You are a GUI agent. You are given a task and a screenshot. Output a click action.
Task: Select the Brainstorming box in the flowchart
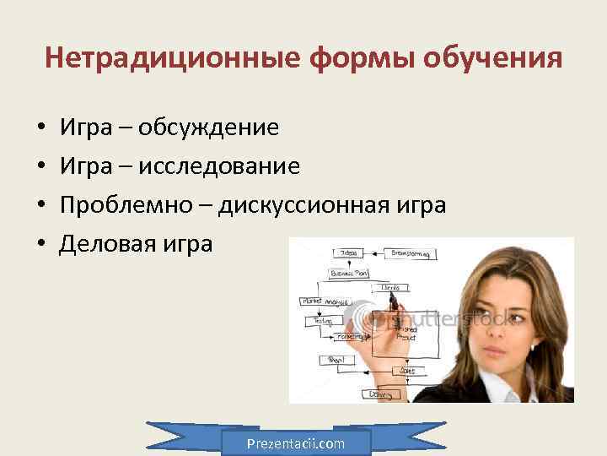coord(410,252)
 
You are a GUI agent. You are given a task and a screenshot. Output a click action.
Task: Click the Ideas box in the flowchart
coord(347,252)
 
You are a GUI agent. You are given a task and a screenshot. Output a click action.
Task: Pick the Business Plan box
coord(347,273)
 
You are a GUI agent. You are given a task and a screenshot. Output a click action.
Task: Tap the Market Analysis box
coord(321,301)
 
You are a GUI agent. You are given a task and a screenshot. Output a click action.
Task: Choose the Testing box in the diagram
coord(324,321)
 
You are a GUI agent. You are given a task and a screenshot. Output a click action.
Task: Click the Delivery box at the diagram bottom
coord(380,394)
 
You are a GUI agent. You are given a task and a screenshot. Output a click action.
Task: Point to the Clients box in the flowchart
coord(390,287)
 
